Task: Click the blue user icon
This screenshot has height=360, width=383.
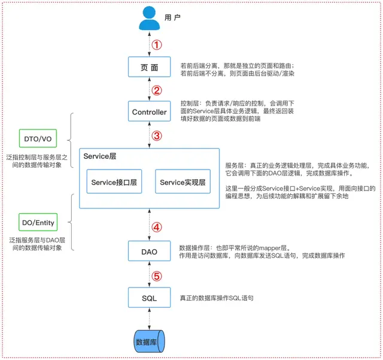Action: [149, 18]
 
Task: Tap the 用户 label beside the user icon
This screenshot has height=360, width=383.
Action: [172, 17]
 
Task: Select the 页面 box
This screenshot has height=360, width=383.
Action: [149, 66]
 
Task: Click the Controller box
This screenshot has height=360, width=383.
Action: [149, 111]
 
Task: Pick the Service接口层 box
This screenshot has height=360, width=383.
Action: [114, 181]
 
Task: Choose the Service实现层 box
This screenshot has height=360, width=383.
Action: [183, 181]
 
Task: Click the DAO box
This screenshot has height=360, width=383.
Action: [149, 251]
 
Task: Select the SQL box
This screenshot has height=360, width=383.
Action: [149, 297]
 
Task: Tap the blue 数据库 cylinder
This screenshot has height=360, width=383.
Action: [149, 341]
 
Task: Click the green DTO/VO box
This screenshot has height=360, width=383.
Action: [38, 138]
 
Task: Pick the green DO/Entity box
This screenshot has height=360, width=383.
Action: [38, 222]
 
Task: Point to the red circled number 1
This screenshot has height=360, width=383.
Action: [157, 45]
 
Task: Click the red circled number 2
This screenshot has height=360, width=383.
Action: [157, 90]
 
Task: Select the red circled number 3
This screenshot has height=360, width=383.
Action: [157, 136]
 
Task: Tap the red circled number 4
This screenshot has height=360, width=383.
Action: [157, 227]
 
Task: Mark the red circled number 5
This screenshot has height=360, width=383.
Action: [157, 276]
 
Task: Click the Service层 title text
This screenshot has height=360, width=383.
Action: [100, 156]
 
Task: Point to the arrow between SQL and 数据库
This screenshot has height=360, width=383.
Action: [149, 319]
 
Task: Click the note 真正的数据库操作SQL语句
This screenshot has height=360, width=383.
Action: [217, 298]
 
